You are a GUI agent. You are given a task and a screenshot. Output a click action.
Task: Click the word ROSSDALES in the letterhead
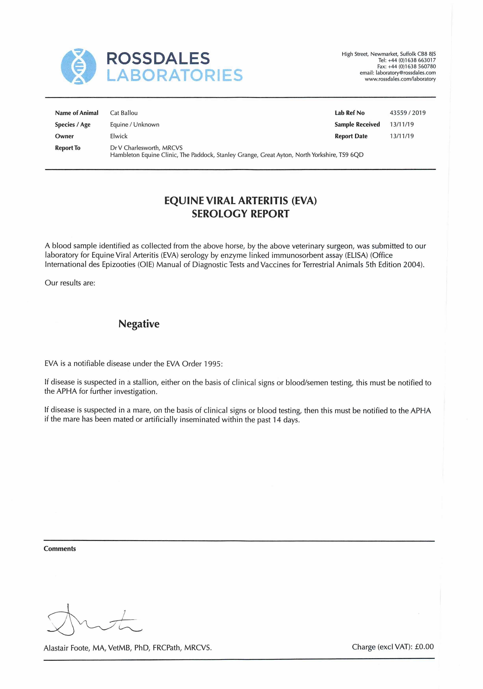coord(158,58)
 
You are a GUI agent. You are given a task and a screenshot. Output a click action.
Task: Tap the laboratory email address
coord(406,73)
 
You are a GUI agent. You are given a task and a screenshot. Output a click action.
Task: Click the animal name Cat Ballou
coord(124,113)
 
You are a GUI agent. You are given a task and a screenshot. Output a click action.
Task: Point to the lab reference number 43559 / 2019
coord(408,113)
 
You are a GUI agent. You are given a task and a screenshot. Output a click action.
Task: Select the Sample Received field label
coord(357,124)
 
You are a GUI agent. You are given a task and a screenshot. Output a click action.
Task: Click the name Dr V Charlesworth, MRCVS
coord(146,148)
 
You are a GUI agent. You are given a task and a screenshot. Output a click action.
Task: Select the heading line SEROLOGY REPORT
coord(241,214)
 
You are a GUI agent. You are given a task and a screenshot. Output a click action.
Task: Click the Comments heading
coord(60,549)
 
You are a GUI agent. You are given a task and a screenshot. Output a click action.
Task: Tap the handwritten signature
coord(93,621)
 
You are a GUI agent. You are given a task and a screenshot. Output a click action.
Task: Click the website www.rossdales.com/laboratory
coord(400,79)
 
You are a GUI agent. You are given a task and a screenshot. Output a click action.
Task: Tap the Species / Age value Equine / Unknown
coord(135,124)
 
